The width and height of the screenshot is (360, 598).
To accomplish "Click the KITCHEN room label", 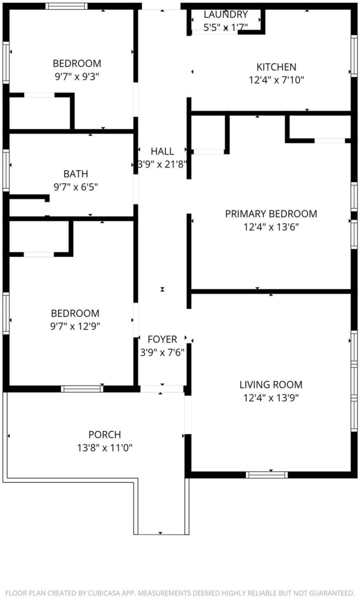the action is pos(276,67).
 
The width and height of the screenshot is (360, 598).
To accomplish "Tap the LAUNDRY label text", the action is pos(226,15).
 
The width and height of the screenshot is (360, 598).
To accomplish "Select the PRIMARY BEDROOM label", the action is pos(271,214).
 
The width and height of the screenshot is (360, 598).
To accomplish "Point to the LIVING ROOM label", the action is pos(271,385).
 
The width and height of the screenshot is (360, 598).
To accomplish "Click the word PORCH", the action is pos(105,434).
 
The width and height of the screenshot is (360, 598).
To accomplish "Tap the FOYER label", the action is pos(162,339).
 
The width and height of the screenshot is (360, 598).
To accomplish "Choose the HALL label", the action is pos(162,151).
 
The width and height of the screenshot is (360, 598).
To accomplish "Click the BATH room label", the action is pos(75,174).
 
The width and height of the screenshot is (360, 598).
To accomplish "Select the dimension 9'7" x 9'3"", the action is pos(77,77).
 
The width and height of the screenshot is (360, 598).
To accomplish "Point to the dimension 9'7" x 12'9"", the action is pos(75,326).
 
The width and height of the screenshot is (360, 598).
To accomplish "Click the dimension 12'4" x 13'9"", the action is pos(271,398).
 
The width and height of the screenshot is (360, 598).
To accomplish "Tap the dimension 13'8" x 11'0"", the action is pos(105,448).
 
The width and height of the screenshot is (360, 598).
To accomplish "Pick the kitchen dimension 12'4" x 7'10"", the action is pos(276,80).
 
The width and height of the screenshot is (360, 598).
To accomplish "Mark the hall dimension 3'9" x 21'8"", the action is pos(162,164).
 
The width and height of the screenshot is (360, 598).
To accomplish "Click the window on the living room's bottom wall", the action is pos(266,475).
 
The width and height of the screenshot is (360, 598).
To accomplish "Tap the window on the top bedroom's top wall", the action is pos(67,6).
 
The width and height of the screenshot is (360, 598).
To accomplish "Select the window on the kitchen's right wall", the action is pos(354,56).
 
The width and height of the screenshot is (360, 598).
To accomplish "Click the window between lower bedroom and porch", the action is pos(82,388).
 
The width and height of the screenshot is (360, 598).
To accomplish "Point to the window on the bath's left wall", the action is pos(6,171).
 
